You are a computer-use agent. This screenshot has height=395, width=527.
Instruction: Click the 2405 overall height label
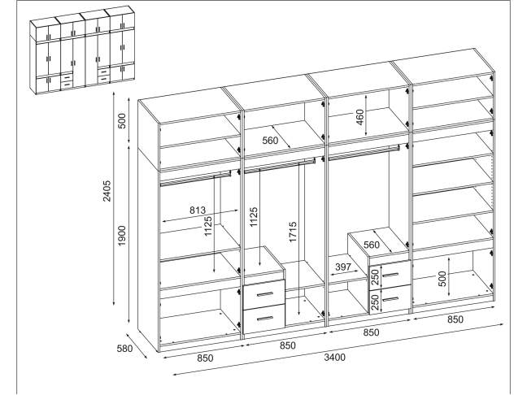point(107,191)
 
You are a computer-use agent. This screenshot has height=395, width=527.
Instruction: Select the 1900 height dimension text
point(122,236)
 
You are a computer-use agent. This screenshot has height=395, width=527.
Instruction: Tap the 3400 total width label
point(334,357)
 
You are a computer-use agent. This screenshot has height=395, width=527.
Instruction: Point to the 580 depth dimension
point(124,349)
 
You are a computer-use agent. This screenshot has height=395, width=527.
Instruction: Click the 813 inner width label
point(198,211)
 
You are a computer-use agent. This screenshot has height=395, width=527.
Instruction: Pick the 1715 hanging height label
point(293,232)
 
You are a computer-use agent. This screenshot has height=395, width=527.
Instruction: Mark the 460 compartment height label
point(359,117)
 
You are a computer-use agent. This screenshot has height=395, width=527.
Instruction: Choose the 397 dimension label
point(343,267)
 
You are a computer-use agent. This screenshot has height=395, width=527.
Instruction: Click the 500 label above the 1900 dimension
point(122,121)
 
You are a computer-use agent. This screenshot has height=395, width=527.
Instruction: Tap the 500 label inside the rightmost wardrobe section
point(442,279)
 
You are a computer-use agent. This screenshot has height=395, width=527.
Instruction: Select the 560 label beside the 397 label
point(372,245)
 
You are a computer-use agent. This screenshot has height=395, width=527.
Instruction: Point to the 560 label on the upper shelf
point(270,141)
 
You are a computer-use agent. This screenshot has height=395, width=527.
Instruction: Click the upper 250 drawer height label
point(376,277)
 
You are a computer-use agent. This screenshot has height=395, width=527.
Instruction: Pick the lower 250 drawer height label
point(376,302)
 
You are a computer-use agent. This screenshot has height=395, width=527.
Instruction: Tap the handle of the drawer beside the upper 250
point(390,276)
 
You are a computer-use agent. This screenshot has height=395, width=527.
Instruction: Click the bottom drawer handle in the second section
point(265,318)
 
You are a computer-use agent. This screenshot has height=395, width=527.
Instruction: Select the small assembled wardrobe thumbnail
point(83,50)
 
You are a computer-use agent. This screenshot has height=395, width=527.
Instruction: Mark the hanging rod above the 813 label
point(196,178)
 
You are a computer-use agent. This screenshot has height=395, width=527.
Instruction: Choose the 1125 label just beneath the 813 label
point(208,226)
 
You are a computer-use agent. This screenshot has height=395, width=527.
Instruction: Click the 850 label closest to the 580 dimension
point(205,358)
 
